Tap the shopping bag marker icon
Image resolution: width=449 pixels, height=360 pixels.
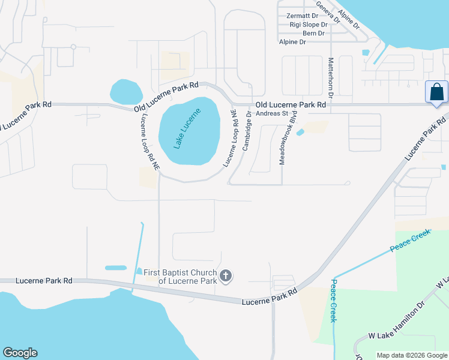pos(436,93)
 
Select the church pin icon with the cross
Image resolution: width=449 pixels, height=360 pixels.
pos(226,277)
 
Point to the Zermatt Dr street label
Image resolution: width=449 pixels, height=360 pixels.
pos(303,16)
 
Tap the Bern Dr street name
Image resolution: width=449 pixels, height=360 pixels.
pos(314,33)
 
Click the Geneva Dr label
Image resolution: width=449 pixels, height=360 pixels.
pos(328,12)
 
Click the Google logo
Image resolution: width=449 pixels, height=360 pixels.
pos(20,353)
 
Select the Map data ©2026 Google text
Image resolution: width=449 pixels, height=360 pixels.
pos(411,355)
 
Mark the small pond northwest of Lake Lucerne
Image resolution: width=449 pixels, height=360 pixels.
pos(126,92)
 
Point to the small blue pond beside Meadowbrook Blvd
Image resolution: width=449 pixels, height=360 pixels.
pos(301,132)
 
